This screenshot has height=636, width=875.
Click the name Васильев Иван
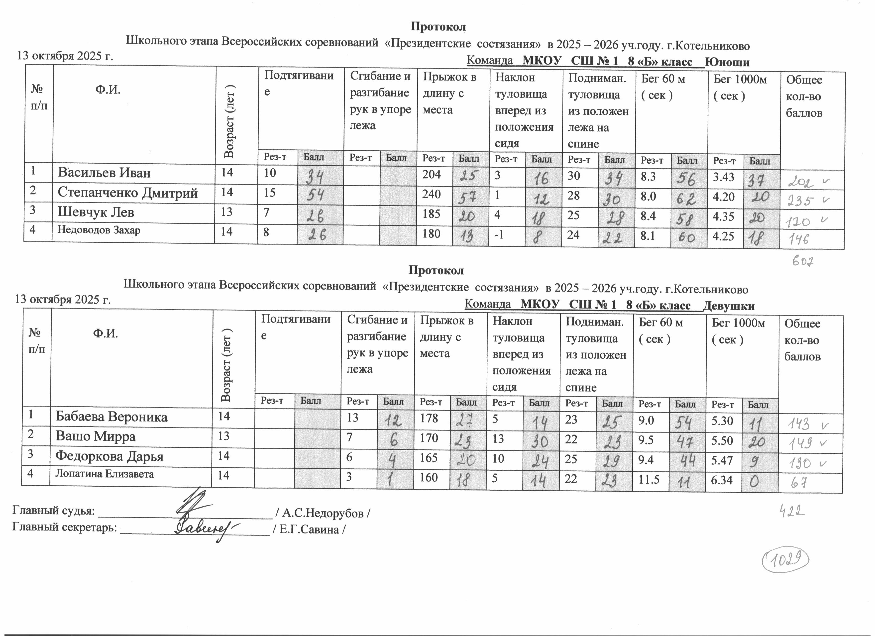pos(104,173)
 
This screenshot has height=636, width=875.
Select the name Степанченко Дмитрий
pos(128,193)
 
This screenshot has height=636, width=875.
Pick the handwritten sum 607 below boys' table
pos(803,262)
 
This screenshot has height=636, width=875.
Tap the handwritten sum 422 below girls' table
pos(790,512)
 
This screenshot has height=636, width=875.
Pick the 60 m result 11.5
pos(649,479)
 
